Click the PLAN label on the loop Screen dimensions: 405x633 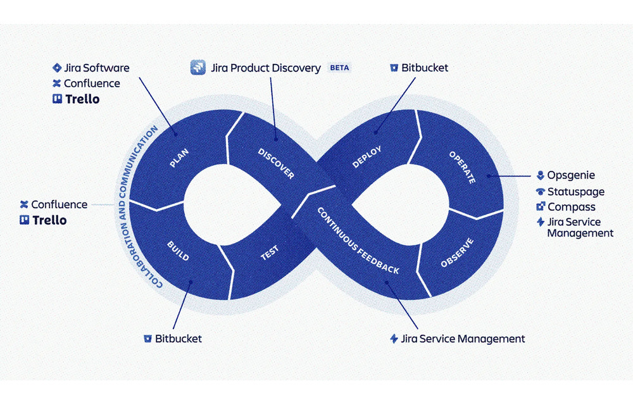coord(180,158)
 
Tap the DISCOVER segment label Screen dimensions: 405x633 coord(276,163)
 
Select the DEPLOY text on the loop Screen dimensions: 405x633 coord(368,157)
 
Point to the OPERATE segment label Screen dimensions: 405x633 coord(462,167)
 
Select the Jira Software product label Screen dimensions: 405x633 coord(96,68)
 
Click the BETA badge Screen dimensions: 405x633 coord(339,68)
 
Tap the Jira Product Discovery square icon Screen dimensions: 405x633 coord(199,68)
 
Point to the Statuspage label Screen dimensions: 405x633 coord(575,191)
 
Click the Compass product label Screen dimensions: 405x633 coord(571,207)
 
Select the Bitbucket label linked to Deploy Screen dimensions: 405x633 coord(424,68)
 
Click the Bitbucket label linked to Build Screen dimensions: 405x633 coord(179,339)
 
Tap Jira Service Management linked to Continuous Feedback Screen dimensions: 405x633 coord(463,339)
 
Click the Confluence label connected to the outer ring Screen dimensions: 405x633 coord(59,204)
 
